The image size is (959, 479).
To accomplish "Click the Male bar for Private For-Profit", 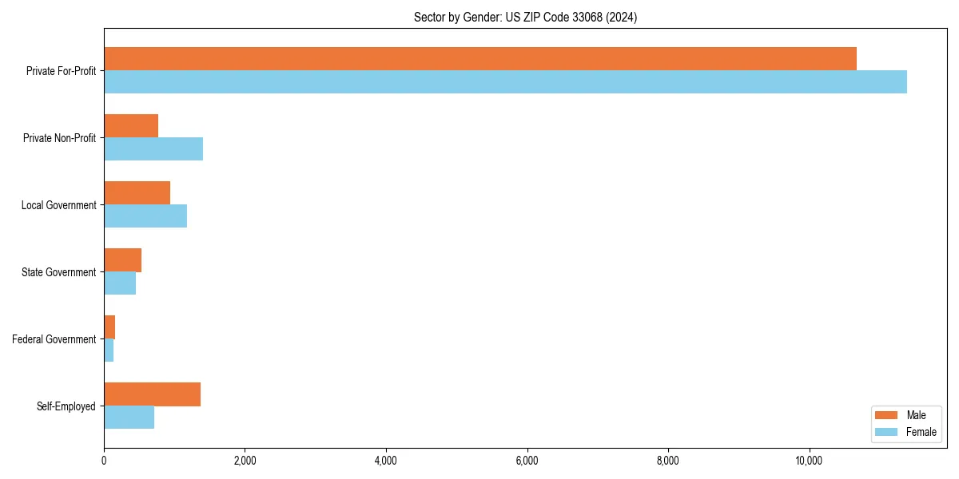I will point(479,59).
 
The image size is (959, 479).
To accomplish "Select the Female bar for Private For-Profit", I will point(505,82).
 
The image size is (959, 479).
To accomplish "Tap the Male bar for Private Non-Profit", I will point(131,126).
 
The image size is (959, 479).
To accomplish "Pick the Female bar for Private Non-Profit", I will point(153,149).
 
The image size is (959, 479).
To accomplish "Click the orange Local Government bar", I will point(137,193).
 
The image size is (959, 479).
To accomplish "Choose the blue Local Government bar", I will point(145,216).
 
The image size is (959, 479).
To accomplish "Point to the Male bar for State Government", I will point(122,260).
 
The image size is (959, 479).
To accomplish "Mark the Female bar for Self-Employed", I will point(129,418).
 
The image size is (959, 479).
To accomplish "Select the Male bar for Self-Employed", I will point(152,394).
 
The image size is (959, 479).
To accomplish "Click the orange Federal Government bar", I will point(109,327).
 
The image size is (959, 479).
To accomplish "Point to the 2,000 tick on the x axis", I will point(245,460).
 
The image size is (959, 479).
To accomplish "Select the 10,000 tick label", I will point(809,460).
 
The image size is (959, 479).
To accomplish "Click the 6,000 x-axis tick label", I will point(527,460).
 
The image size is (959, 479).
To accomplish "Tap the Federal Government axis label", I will point(54,339).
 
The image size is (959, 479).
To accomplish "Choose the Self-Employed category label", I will point(66,406).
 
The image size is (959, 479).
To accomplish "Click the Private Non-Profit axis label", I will point(59,138).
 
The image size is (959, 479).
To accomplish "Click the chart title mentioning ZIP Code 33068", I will point(525,17).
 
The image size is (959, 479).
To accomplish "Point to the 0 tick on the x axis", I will point(104,460).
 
